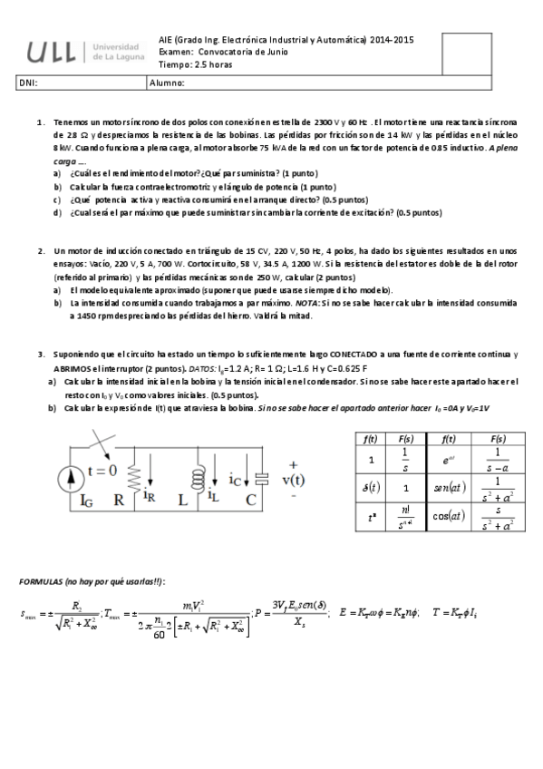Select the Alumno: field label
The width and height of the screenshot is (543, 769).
point(167,84)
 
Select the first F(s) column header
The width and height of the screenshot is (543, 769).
point(410,439)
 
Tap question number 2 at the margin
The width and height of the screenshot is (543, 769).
point(41,250)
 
